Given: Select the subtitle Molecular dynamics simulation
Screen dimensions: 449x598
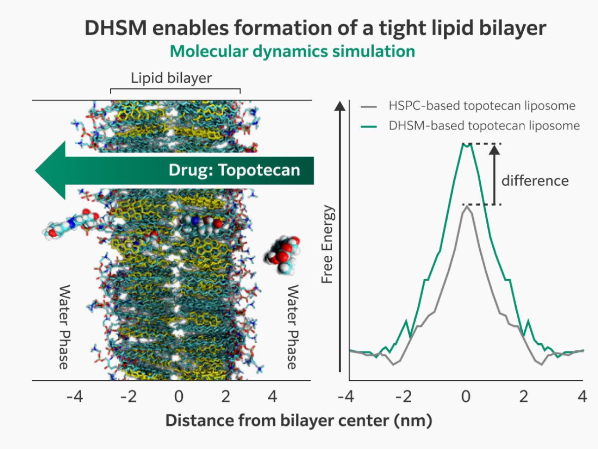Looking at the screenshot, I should [292, 51].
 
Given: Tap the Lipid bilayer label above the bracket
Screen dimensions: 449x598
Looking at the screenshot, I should [171, 78].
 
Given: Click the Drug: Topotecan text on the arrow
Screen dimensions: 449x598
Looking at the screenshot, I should [234, 170].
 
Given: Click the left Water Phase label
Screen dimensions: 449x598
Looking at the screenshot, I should [64, 327].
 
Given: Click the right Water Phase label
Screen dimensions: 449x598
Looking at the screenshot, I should [292, 327].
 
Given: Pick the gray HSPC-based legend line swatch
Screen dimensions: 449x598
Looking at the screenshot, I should [369, 106].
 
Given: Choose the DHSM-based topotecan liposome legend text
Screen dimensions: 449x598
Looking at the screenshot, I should [484, 126].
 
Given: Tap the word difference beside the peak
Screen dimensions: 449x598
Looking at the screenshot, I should [535, 181].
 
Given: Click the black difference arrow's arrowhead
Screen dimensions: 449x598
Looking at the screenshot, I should [494, 150].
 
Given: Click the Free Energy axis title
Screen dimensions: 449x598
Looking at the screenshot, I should [327, 244].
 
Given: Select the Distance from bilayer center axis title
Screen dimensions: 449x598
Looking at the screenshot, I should [299, 420].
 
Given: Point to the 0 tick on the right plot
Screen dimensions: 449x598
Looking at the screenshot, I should [465, 397].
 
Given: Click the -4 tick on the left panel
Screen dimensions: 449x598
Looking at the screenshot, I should [75, 397].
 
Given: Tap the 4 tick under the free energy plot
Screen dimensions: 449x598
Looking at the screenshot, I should [582, 397].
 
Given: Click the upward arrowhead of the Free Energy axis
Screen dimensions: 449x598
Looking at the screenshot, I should [340, 105].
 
